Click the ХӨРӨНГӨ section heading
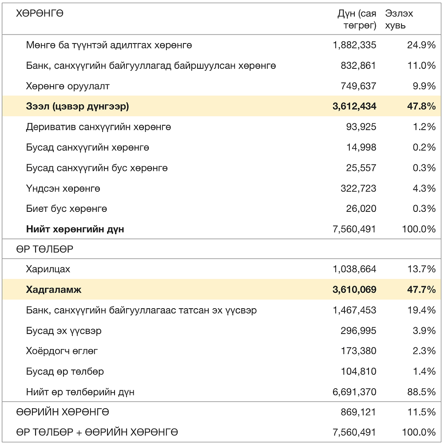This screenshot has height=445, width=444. tap(40, 13)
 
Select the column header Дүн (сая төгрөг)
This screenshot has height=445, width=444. tap(357, 19)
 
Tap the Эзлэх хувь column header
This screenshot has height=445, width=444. tap(399, 19)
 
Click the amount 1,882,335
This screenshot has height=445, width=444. tap(354, 45)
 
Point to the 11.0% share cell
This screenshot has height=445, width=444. tap(422, 66)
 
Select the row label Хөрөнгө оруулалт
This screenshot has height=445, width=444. tap(68, 86)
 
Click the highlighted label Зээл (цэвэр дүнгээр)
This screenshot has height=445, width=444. tap(77, 107)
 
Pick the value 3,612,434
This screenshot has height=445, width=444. tap(354, 107)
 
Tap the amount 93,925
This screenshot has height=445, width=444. tap(361, 127)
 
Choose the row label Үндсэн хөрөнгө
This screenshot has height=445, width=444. tap(63, 188)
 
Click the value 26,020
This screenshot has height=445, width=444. tap(361, 209)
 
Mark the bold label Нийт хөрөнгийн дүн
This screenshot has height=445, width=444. tap(75, 229)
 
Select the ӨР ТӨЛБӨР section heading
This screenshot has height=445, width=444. tap(45, 249)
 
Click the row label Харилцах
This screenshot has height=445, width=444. tap(48, 269)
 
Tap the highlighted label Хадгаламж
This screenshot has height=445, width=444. tap(54, 290)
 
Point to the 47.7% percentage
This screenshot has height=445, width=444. tap(422, 290)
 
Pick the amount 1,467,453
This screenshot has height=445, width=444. tap(354, 310)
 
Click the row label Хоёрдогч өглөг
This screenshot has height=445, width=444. tap(62, 351)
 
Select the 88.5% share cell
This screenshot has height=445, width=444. tap(422, 392)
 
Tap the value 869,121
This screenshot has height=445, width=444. tap(358, 412)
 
